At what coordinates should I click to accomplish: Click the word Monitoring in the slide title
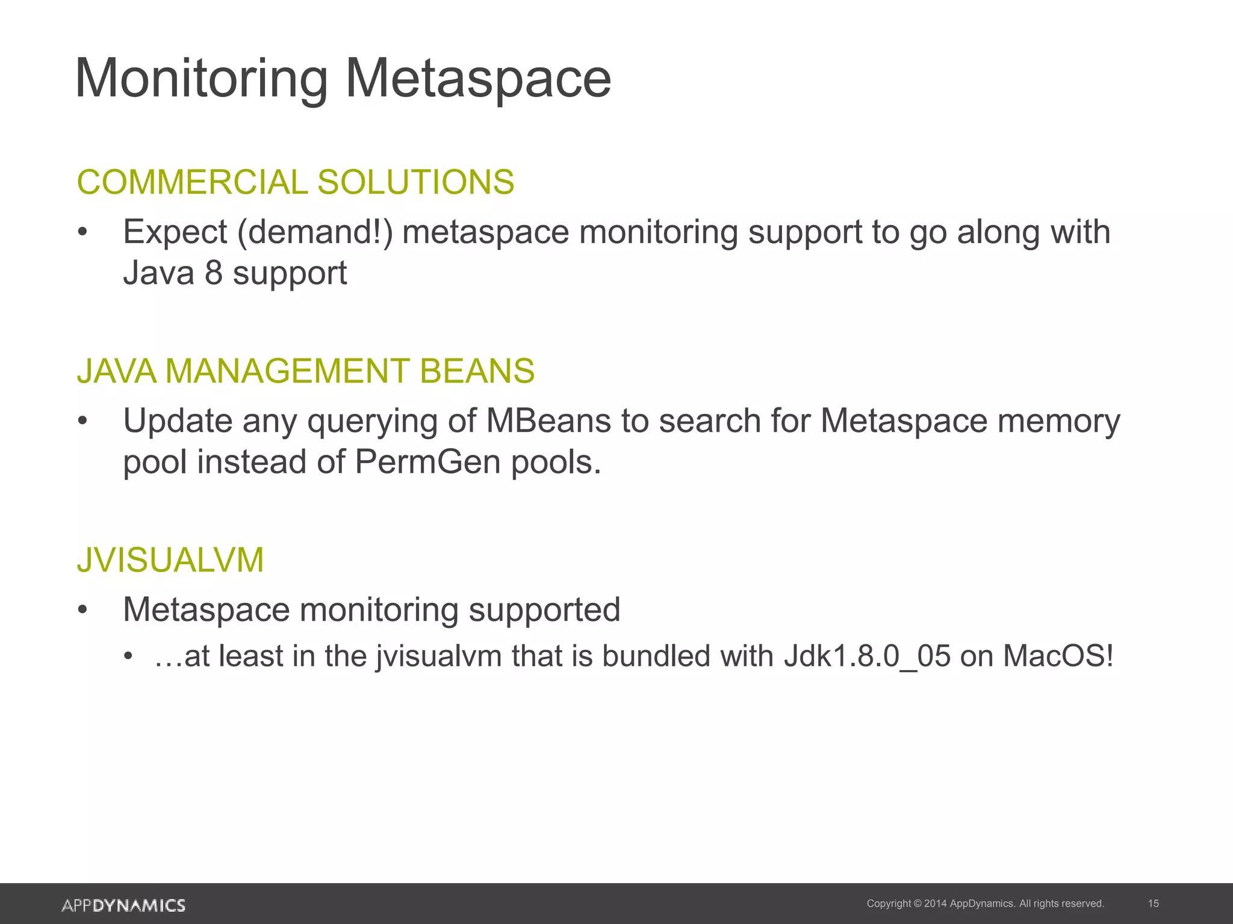click(202, 79)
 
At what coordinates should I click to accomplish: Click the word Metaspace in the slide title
click(478, 79)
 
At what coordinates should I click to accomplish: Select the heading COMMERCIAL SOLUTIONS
click(296, 182)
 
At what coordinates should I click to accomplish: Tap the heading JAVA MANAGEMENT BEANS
click(306, 371)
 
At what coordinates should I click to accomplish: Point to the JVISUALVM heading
click(170, 560)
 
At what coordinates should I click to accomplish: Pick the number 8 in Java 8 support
click(213, 273)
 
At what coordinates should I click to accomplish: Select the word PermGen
click(427, 463)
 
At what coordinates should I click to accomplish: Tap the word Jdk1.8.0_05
click(867, 656)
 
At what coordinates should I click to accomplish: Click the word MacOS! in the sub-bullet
click(1058, 656)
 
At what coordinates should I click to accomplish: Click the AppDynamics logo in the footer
click(123, 905)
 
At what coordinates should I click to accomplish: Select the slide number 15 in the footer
click(1154, 904)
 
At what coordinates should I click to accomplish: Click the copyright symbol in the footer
click(918, 904)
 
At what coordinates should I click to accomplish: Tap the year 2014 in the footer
click(935, 904)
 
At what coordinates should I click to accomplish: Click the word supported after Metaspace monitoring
click(544, 610)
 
